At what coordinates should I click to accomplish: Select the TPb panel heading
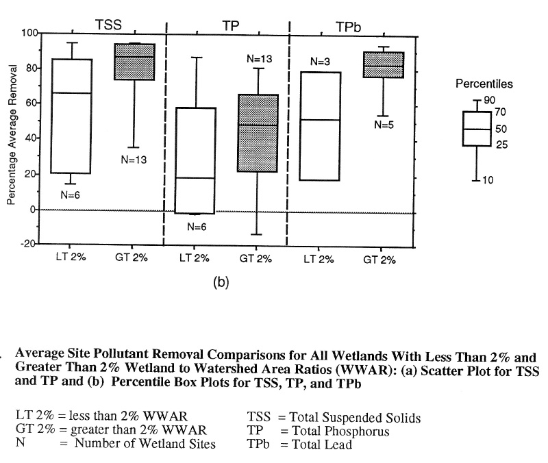(350, 26)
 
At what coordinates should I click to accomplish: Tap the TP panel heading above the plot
(232, 26)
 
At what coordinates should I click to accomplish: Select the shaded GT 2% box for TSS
(134, 62)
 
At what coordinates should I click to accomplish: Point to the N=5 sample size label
(384, 125)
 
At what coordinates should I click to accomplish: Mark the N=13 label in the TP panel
(260, 60)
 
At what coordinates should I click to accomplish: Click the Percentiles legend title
(484, 84)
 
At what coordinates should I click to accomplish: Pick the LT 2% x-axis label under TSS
(71, 259)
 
